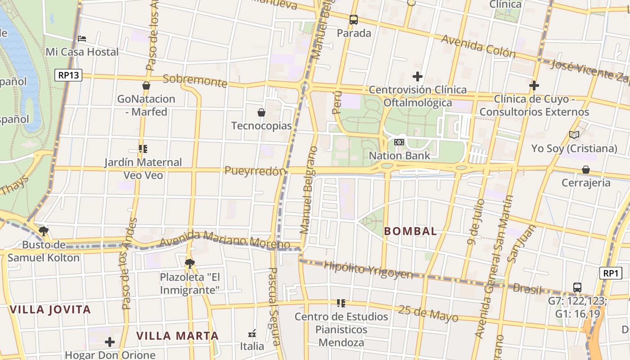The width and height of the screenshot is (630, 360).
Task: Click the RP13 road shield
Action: coord(69,75)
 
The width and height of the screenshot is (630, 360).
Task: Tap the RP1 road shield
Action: coord(611,273)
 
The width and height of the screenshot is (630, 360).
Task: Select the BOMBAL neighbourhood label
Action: coord(410,231)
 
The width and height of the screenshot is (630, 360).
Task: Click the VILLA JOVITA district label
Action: coord(50,310)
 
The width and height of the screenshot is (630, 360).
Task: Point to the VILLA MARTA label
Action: coord(177,336)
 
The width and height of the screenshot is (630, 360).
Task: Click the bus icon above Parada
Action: coord(354,20)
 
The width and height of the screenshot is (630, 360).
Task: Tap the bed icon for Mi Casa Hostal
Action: coord(82,39)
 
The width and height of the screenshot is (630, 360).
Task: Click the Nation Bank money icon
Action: coord(399,142)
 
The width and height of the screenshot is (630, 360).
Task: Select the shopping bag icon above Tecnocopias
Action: coord(261,112)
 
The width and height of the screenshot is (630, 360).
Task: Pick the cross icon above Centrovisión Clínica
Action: coord(418,76)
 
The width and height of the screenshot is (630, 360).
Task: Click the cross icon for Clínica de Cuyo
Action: coord(534,85)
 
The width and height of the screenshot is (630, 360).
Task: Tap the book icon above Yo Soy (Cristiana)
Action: coord(574,135)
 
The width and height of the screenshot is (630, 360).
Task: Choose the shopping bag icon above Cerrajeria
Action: coord(586,170)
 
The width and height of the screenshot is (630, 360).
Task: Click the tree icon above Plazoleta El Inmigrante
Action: coord(190,263)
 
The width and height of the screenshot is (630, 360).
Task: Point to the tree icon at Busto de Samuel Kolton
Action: coord(44,232)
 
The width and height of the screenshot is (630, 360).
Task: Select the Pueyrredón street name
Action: coord(255,171)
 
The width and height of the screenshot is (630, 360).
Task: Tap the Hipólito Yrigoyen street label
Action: coord(368,270)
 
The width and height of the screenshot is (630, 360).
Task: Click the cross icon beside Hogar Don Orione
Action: coord(110,342)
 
